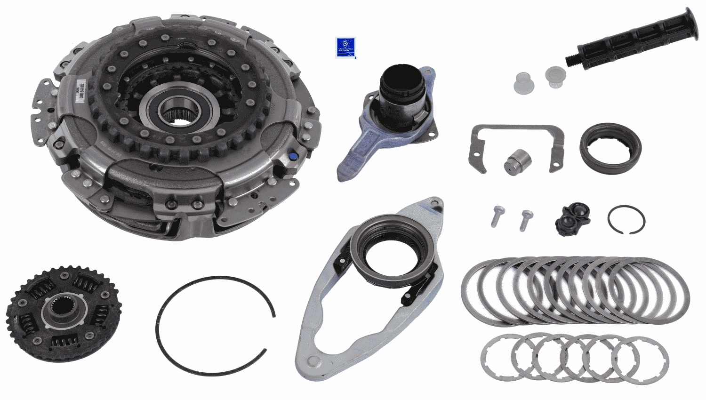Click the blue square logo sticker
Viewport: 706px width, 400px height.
(x=345, y=48)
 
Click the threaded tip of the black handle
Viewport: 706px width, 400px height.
(x=571, y=60)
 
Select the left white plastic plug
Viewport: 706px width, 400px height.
(x=524, y=83)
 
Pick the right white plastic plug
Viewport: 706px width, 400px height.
(x=555, y=76)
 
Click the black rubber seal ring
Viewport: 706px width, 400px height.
(x=610, y=148)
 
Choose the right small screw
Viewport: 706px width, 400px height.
(x=526, y=219)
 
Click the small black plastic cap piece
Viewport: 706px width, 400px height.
(x=572, y=219)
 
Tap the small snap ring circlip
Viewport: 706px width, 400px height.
(x=626, y=219)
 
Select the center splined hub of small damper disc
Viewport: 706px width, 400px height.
(x=63, y=311)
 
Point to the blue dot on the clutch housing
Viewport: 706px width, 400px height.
(x=293, y=156)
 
